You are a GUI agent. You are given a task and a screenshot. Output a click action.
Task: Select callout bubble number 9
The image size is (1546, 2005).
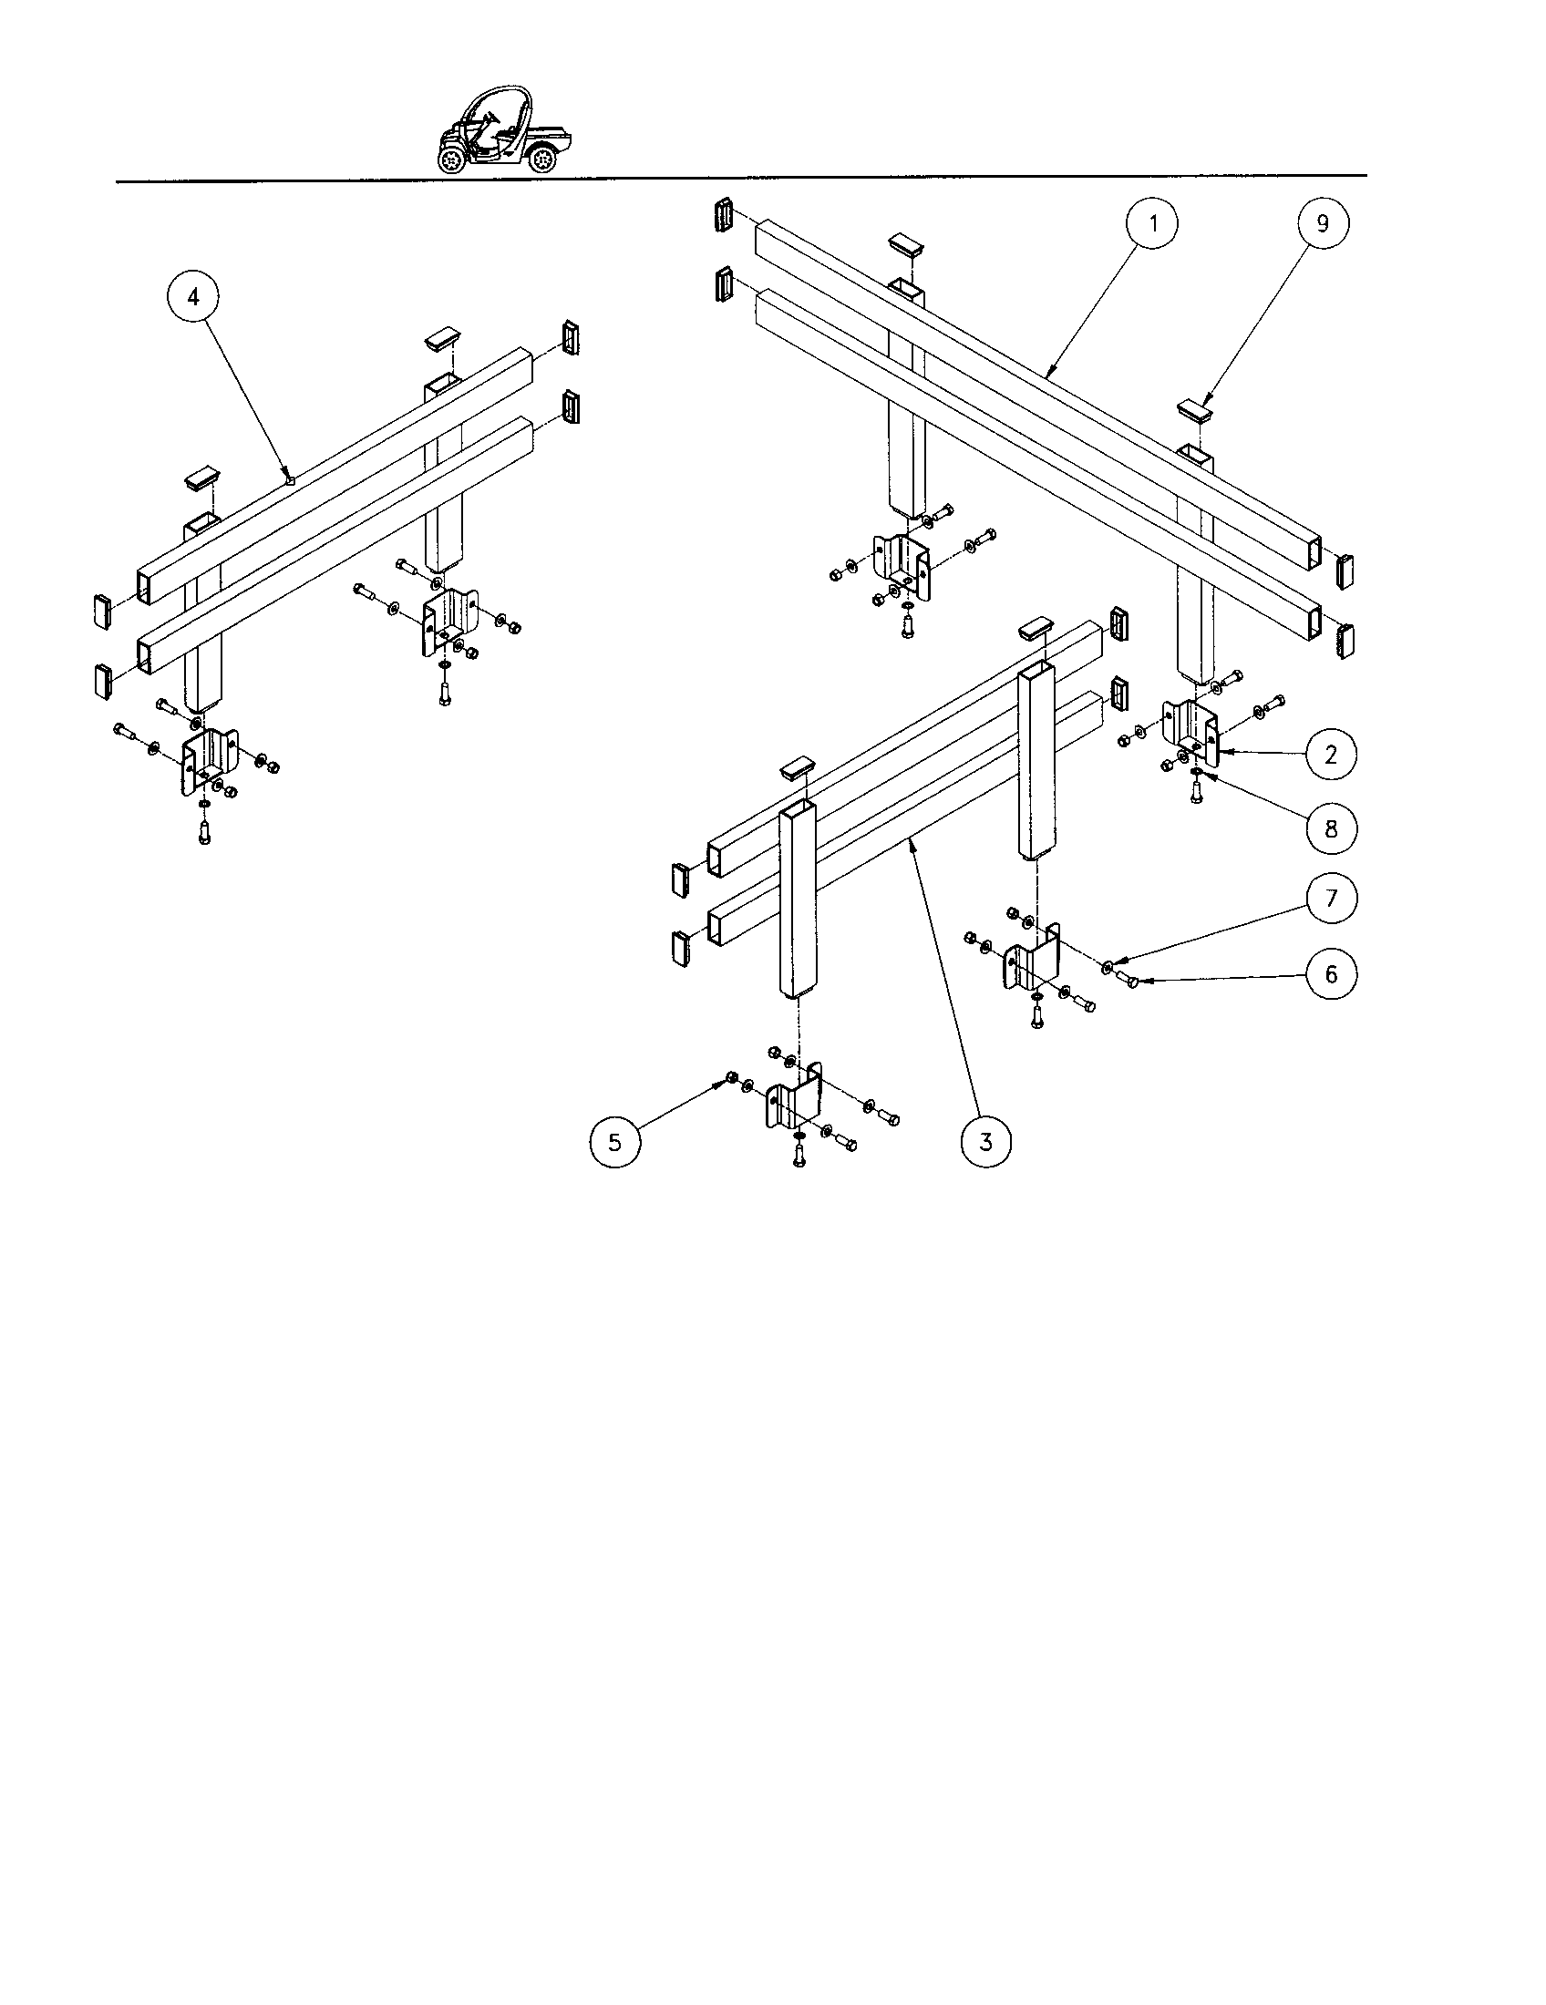click(1323, 223)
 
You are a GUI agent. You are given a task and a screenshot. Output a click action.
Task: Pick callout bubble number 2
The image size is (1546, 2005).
click(1330, 755)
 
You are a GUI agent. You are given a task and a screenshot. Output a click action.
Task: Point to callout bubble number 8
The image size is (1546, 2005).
click(1330, 829)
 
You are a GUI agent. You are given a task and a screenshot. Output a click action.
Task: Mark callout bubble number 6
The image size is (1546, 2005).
click(1330, 974)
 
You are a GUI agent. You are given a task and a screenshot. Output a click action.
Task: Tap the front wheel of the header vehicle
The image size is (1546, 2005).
click(453, 161)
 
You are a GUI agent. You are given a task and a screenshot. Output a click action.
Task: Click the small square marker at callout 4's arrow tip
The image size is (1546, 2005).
click(290, 478)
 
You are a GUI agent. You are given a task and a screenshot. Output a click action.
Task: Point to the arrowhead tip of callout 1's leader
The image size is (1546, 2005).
click(1046, 375)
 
